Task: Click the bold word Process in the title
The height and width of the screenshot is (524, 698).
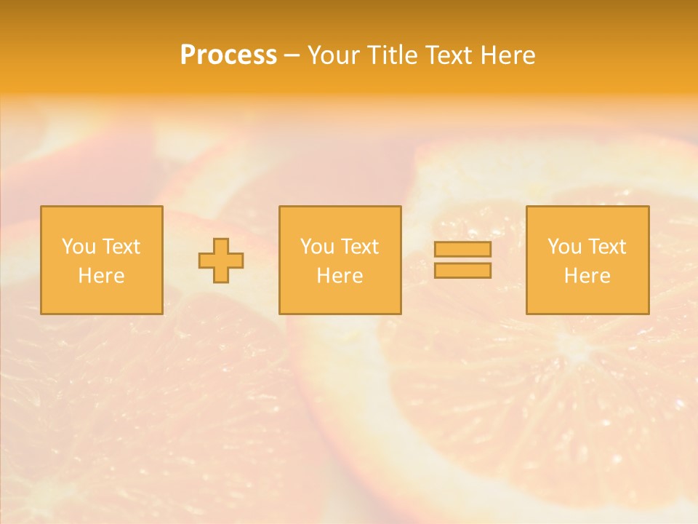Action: [228, 55]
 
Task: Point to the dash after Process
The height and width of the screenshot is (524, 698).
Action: [292, 56]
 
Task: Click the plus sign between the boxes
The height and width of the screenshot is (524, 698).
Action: [221, 261]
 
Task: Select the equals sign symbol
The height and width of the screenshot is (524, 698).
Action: [462, 260]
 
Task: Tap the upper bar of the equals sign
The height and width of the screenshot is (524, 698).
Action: [462, 250]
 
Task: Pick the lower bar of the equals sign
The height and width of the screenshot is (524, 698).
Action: [462, 270]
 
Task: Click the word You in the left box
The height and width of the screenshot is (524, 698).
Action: [79, 247]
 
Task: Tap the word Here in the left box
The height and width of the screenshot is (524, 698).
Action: [101, 276]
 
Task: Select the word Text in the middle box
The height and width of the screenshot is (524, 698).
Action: [359, 247]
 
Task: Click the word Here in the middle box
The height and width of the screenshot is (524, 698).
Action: [340, 276]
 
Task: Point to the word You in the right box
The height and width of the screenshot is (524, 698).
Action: [564, 247]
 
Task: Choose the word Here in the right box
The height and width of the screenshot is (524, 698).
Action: [587, 276]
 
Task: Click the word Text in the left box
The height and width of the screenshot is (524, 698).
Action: [121, 247]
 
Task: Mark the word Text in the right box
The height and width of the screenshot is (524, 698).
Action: [606, 247]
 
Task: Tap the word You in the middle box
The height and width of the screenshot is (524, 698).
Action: [317, 247]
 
